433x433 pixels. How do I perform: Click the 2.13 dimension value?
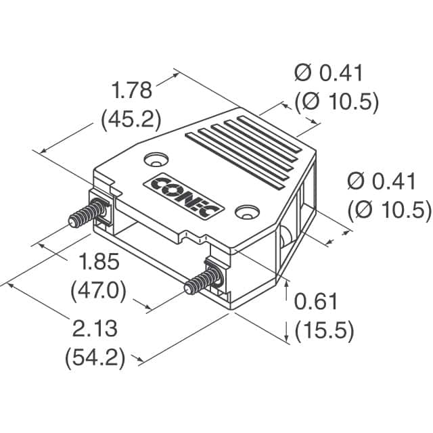point(95,329)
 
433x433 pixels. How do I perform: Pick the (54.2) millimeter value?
point(95,358)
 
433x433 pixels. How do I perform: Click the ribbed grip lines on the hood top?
point(244,148)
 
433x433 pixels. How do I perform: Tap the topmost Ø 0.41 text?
point(329,73)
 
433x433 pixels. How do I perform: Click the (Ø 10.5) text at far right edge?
point(388,210)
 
